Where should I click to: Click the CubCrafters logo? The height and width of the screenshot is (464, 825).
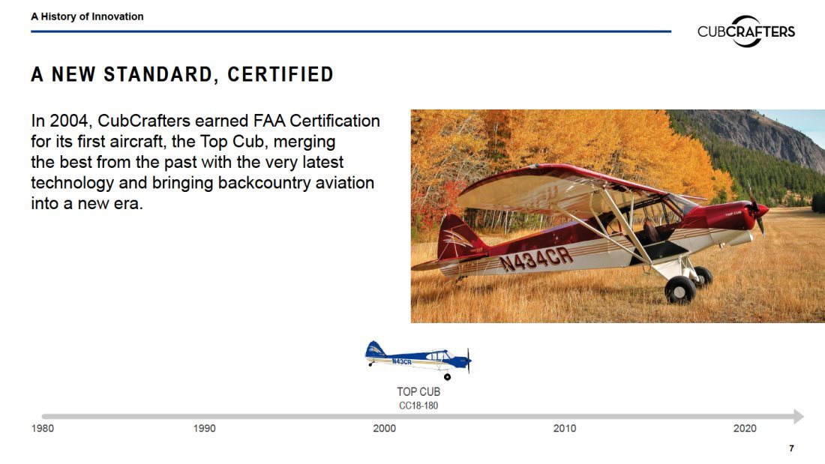tap(746, 31)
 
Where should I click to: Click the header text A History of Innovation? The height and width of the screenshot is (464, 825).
tap(87, 16)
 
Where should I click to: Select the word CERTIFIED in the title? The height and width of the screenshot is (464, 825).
tap(280, 75)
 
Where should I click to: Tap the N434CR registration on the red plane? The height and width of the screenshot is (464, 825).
tap(535, 259)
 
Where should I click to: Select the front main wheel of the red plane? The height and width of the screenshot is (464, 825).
tap(679, 290)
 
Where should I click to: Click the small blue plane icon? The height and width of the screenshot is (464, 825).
tap(418, 360)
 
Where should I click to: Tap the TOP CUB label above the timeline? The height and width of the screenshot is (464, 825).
tap(418, 392)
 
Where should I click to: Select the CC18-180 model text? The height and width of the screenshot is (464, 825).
tap(418, 406)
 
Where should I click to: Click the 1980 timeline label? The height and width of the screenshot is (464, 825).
tap(43, 428)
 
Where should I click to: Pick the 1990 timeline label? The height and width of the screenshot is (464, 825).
tap(204, 428)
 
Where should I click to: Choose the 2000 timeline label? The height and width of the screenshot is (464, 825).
tap(385, 428)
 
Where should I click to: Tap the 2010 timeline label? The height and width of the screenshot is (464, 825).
tap(565, 428)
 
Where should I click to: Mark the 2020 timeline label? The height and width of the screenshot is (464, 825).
tap(745, 428)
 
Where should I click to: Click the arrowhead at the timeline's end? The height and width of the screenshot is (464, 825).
tap(799, 416)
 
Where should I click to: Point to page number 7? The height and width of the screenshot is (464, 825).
tap(791, 448)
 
